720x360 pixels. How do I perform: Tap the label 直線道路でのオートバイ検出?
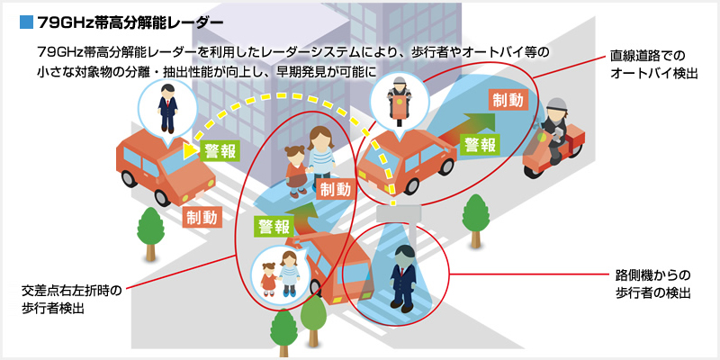click(x=653, y=64)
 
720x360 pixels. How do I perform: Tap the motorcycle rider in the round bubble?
click(x=397, y=100)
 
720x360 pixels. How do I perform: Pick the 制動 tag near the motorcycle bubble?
click(x=507, y=101)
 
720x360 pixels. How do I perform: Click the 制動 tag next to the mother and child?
click(x=337, y=190)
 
